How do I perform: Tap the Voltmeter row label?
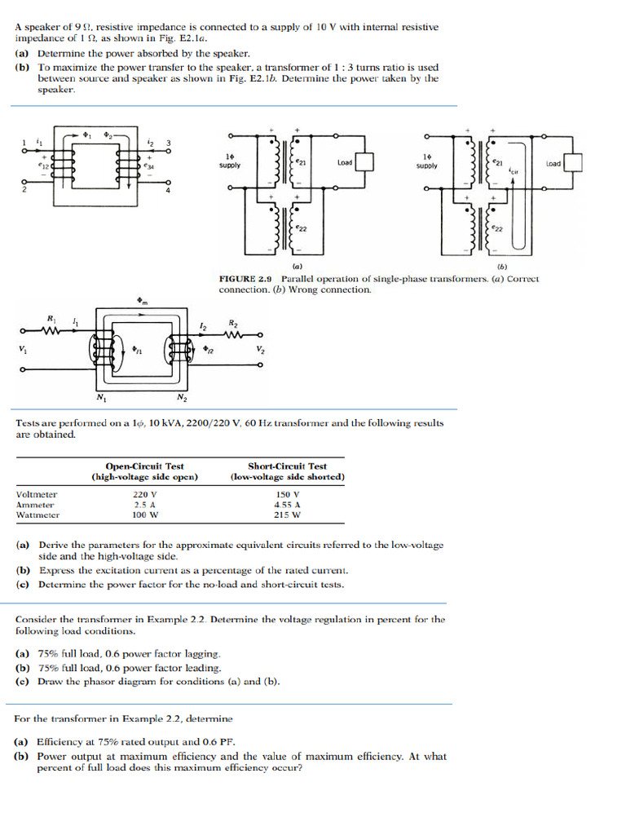(37, 494)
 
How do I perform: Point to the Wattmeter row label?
(37, 515)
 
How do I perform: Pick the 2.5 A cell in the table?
(144, 505)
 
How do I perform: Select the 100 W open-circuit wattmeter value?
(144, 515)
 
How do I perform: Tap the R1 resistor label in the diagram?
(52, 317)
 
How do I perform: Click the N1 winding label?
(101, 399)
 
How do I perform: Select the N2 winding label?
(182, 399)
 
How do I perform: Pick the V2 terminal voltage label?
(260, 350)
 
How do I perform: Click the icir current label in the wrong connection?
(514, 171)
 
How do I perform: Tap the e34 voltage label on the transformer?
(148, 166)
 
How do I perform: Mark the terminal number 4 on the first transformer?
(169, 191)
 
